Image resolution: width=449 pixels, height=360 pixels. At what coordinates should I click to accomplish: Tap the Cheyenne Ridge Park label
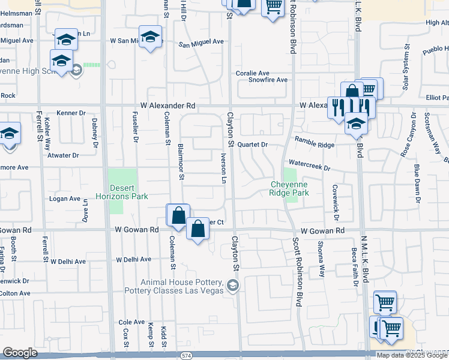click(289, 189)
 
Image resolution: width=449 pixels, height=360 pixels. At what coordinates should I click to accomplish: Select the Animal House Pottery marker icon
click(233, 286)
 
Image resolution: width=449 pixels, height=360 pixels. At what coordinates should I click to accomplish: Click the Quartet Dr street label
click(252, 145)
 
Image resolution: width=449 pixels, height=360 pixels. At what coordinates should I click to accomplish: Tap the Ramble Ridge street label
click(314, 145)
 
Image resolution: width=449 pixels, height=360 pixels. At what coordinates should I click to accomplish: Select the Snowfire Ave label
click(268, 80)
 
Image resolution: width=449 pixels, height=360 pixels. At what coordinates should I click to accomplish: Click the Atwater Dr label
click(63, 155)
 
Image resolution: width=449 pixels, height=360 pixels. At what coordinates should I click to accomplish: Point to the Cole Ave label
click(132, 322)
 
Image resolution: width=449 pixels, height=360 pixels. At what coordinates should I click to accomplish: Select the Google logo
click(19, 353)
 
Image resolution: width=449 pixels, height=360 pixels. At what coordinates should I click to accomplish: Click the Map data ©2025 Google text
click(412, 355)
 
